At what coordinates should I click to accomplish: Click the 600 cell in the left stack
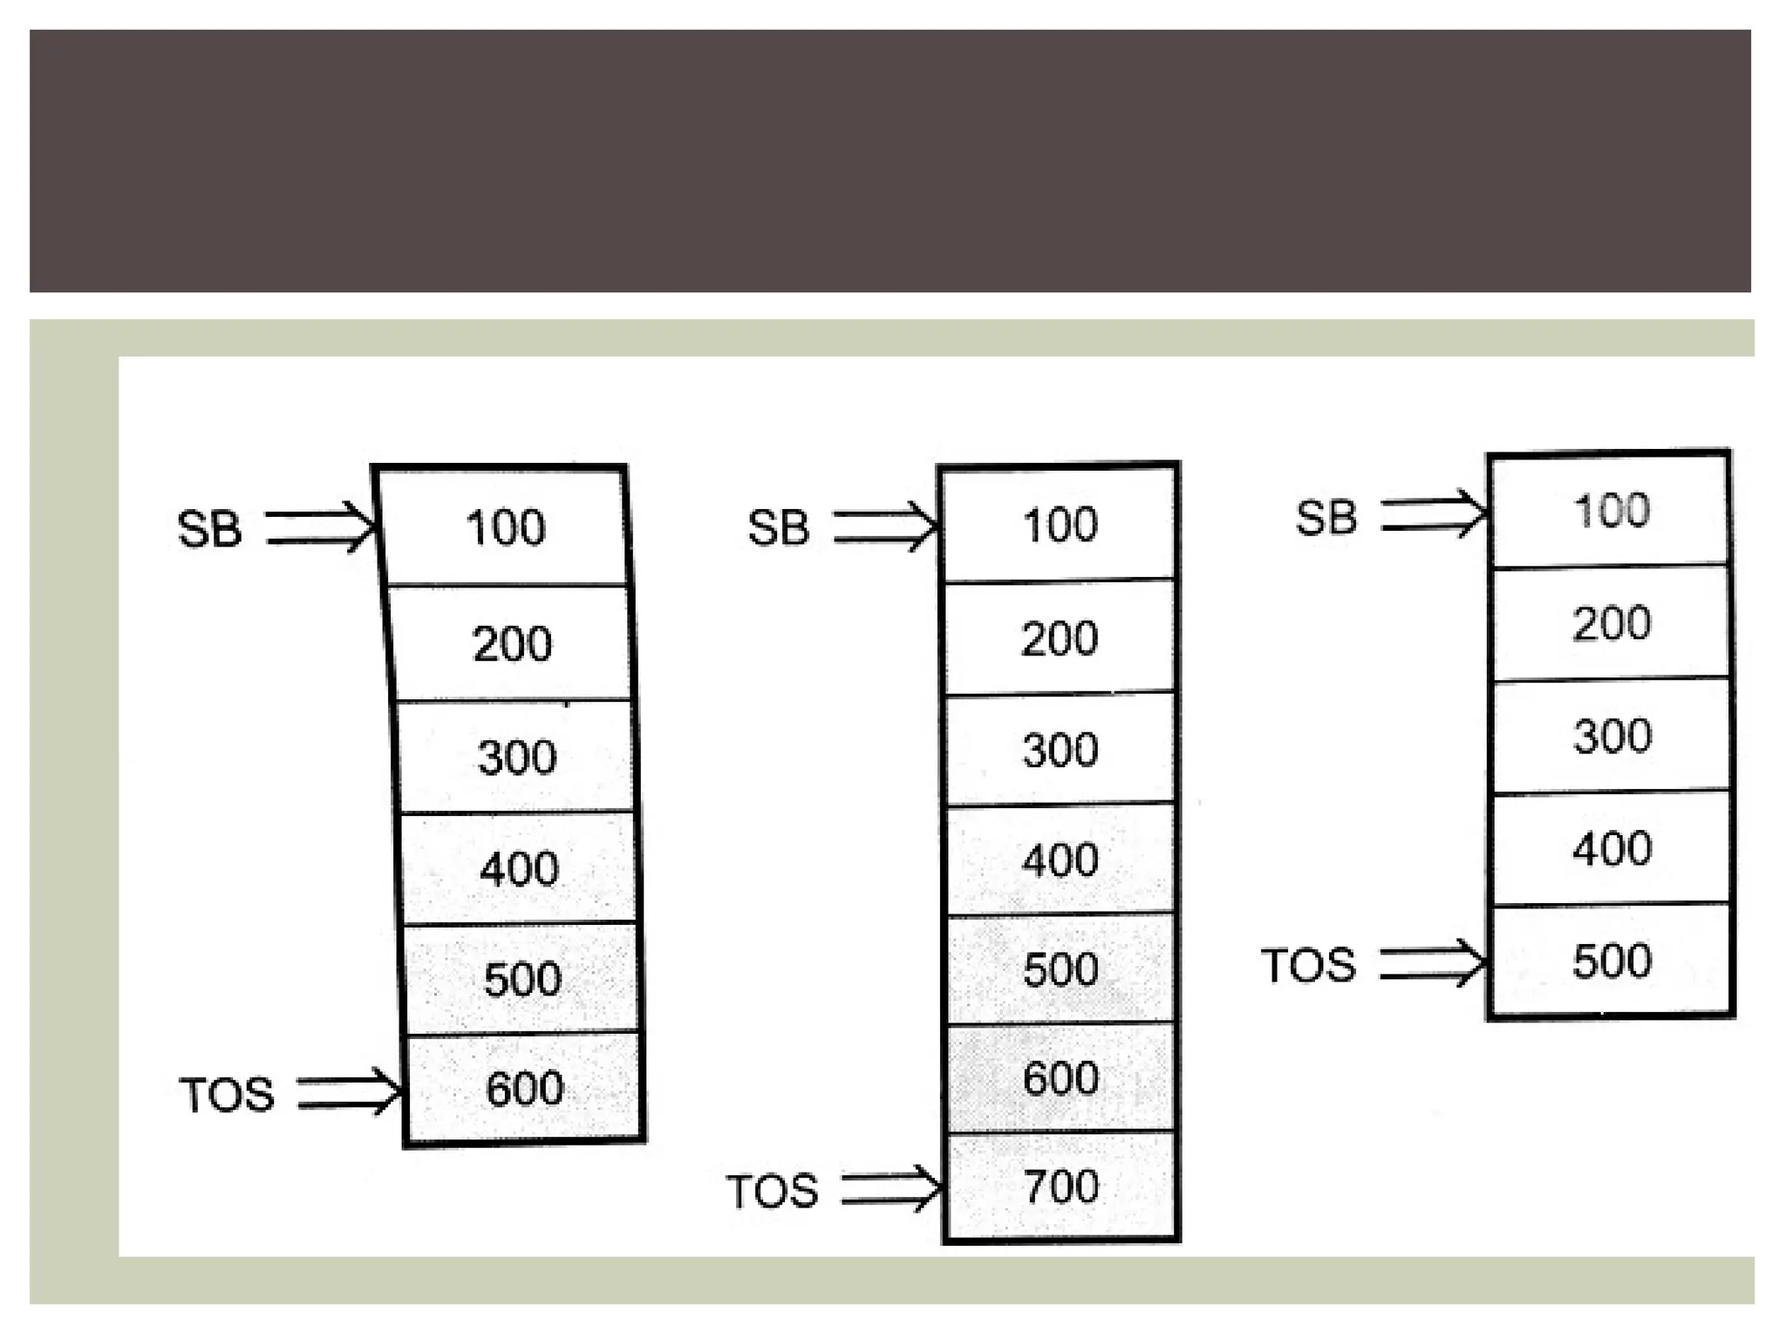pyautogui.click(x=524, y=1088)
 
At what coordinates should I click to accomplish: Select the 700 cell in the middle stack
pyautogui.click(x=1061, y=1186)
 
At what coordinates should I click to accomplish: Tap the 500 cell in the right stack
pyautogui.click(x=1612, y=961)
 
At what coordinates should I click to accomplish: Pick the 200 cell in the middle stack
pyautogui.click(x=1060, y=638)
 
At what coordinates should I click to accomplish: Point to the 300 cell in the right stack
pyautogui.click(x=1612, y=736)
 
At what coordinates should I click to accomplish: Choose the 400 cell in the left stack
pyautogui.click(x=519, y=868)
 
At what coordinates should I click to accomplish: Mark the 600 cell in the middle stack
pyautogui.click(x=1061, y=1077)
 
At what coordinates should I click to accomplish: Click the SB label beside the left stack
pyautogui.click(x=209, y=529)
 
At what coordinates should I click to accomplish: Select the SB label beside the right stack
pyautogui.click(x=1326, y=518)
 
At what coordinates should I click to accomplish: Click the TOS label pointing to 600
pyautogui.click(x=227, y=1095)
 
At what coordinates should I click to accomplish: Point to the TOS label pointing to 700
pyautogui.click(x=773, y=1191)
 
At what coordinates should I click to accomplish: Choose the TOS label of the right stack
pyautogui.click(x=1308, y=966)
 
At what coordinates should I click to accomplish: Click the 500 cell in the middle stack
pyautogui.click(x=1061, y=969)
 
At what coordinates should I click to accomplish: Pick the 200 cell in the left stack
pyautogui.click(x=512, y=643)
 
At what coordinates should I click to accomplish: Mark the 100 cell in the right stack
pyautogui.click(x=1612, y=510)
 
